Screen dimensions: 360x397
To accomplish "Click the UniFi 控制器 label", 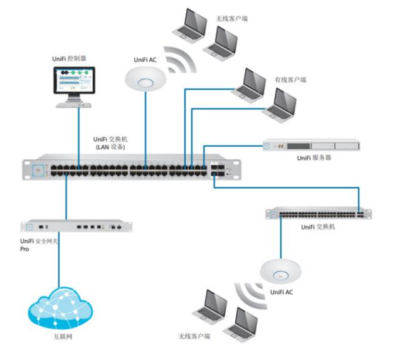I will point(71,58).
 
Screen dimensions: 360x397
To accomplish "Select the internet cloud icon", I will point(60,307).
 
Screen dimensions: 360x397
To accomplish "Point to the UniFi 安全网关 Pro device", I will point(77,226).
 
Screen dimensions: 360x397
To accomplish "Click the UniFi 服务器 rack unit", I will point(311,147).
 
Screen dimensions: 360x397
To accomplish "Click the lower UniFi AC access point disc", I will point(280,270).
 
